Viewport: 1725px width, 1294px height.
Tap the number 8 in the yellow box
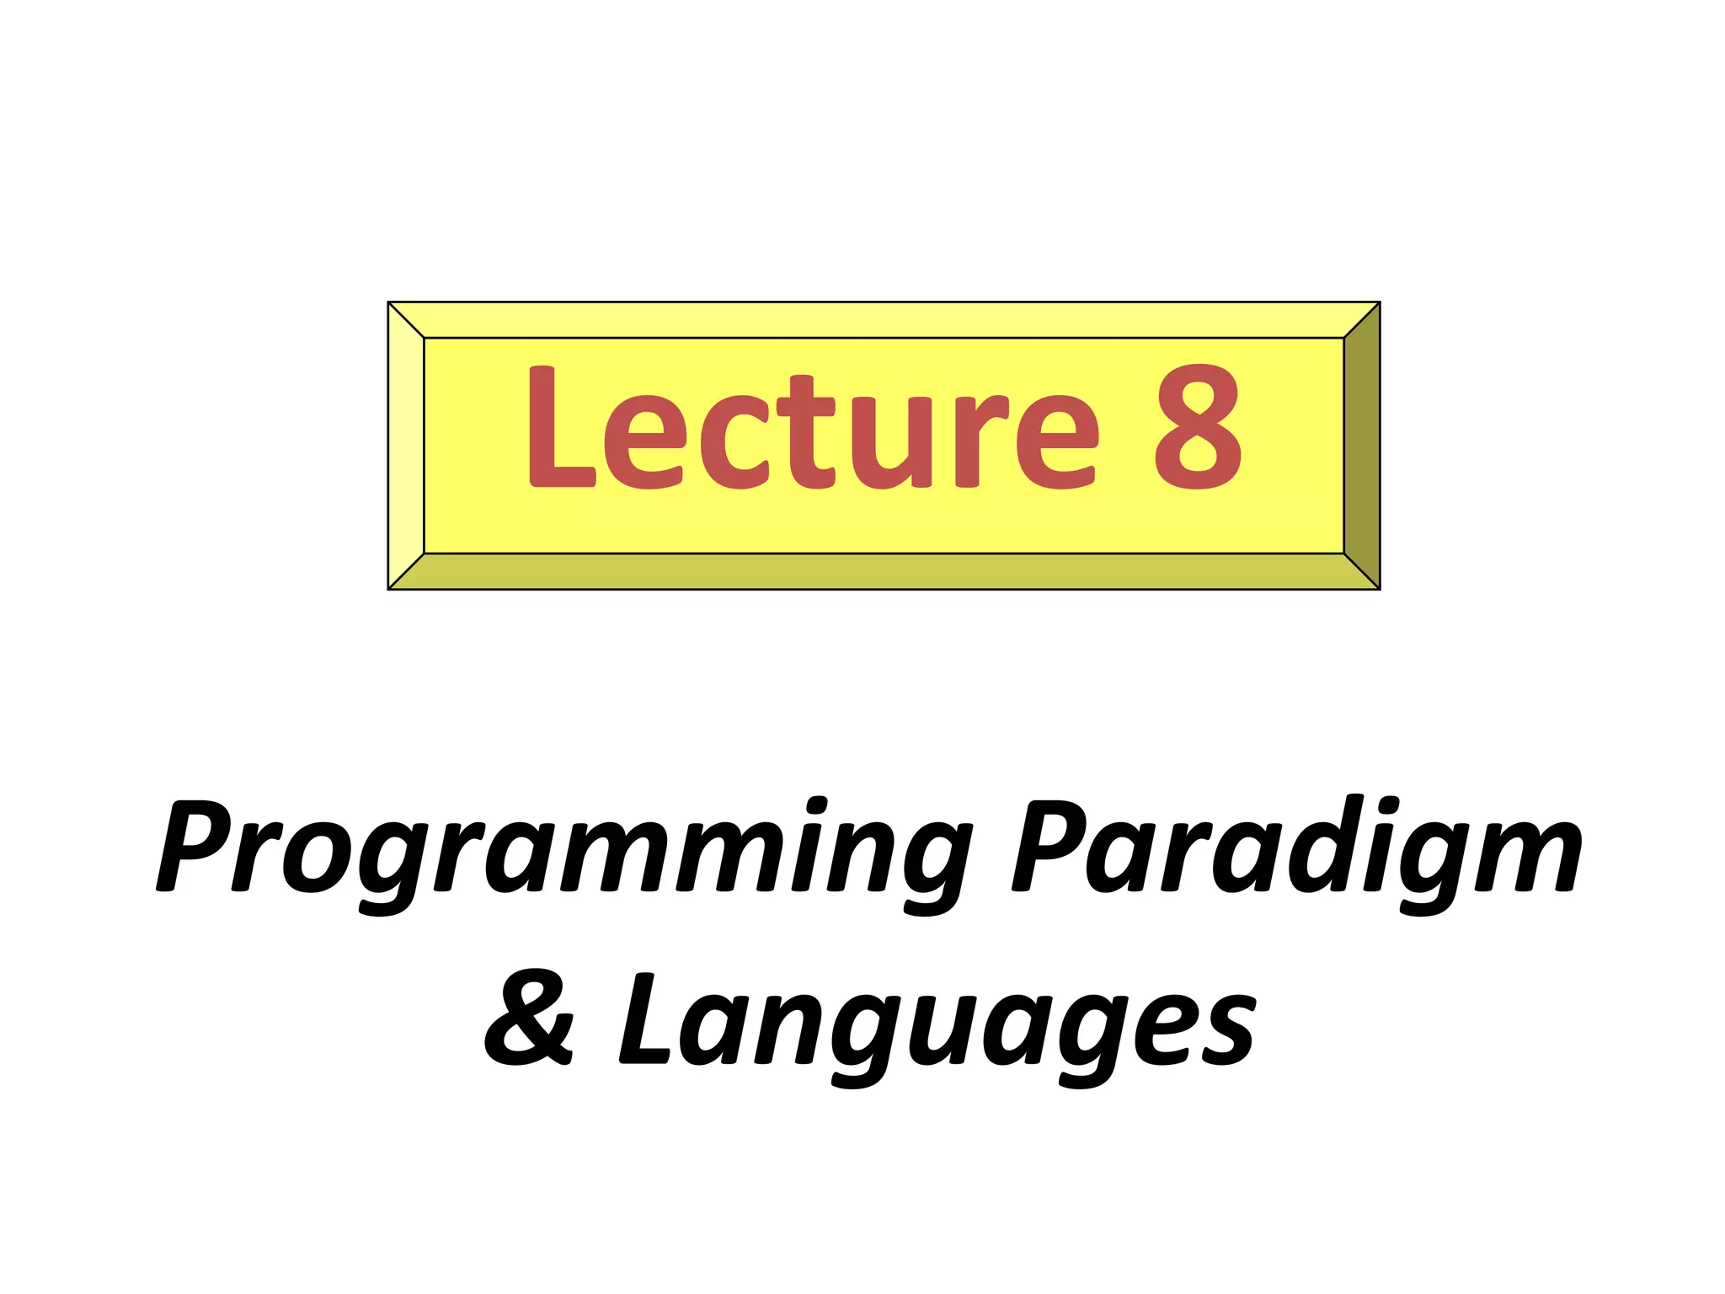(1198, 428)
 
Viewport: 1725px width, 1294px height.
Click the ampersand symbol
(529, 1021)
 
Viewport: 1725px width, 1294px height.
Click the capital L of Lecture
(560, 428)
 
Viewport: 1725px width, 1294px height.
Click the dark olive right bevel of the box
(1362, 446)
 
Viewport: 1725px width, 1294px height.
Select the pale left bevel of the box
(406, 446)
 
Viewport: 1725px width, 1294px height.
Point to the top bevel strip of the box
(884, 319)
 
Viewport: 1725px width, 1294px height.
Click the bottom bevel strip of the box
(884, 572)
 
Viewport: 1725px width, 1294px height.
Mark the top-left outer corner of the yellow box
(388, 302)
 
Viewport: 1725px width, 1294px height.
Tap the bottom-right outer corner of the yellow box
(1379, 589)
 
